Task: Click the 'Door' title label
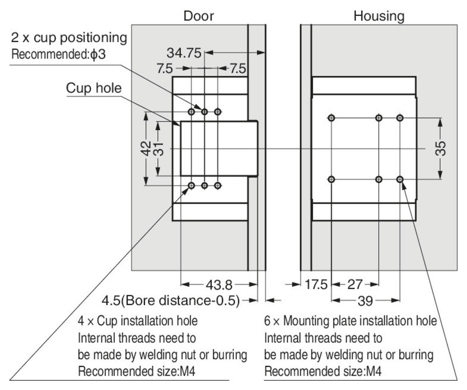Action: pyautogui.click(x=198, y=16)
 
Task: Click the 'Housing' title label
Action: pyautogui.click(x=379, y=16)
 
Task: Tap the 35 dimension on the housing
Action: pyautogui.click(x=442, y=148)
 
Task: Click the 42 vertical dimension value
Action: pyautogui.click(x=145, y=149)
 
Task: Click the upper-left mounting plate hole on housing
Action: pyautogui.click(x=331, y=118)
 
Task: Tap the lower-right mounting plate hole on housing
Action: pyautogui.click(x=400, y=180)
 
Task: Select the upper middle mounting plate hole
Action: pyautogui.click(x=379, y=118)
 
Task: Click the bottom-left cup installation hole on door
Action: pyautogui.click(x=191, y=186)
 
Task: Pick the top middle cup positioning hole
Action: pyautogui.click(x=205, y=111)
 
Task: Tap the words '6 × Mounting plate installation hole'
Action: pyautogui.click(x=351, y=321)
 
